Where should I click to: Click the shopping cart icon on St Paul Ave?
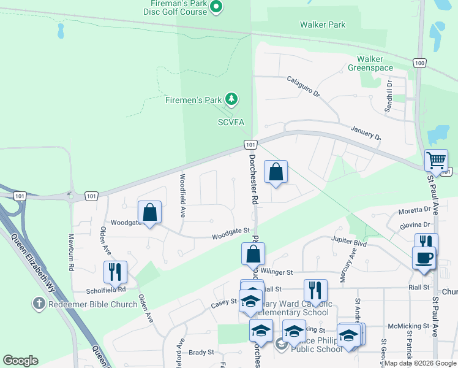point(436,161)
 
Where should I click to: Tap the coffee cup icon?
point(423,258)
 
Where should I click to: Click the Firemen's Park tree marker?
point(231,98)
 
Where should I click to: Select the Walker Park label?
point(323,25)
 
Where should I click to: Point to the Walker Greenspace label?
point(370,63)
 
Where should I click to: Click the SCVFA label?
point(231,122)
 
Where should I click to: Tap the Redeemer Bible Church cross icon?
point(39,304)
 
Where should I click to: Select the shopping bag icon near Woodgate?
point(150,213)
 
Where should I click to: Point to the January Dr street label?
point(366,132)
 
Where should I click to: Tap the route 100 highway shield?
point(419,63)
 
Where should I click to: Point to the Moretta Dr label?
point(415,210)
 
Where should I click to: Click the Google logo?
point(20,361)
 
